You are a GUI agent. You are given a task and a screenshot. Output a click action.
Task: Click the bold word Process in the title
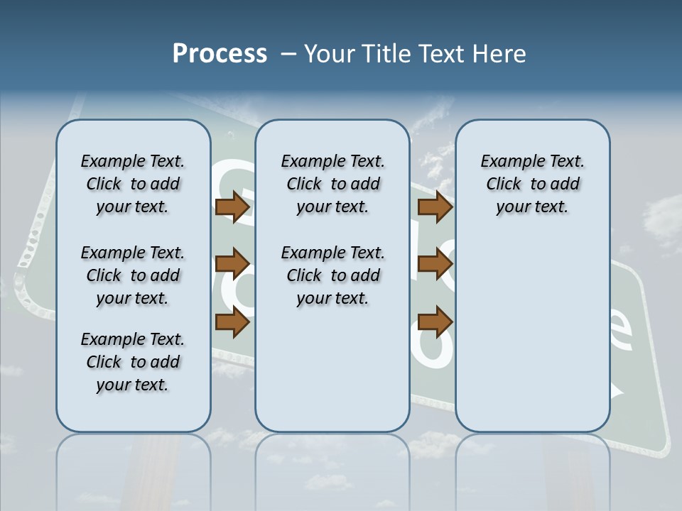tap(220, 53)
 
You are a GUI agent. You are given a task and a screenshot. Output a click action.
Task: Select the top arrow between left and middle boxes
tap(232, 207)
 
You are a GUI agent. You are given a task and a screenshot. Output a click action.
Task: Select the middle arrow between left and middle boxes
tap(232, 265)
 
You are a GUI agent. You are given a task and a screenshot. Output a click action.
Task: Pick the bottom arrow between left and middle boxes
tap(232, 322)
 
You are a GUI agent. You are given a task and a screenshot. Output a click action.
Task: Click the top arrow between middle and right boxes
tap(435, 207)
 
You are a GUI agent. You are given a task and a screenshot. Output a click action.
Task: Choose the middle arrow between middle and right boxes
tap(435, 265)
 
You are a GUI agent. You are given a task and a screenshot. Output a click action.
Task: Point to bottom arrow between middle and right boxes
tap(435, 322)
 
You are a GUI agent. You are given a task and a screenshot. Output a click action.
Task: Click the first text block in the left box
tap(133, 184)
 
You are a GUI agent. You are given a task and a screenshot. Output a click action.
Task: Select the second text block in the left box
tap(133, 275)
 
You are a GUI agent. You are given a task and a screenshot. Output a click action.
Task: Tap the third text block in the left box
tap(133, 362)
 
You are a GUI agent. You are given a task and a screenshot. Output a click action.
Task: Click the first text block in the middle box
tap(332, 184)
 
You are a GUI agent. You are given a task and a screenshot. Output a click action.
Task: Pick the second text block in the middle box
tap(332, 275)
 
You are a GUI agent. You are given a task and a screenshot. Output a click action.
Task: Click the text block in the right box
tap(532, 184)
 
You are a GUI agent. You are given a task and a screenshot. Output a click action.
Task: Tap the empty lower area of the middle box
tap(332, 369)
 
